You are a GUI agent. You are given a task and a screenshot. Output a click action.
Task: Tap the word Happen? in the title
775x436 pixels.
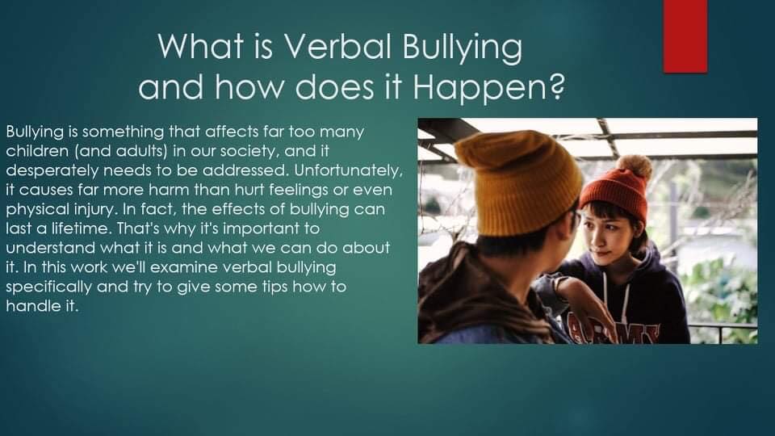(488, 87)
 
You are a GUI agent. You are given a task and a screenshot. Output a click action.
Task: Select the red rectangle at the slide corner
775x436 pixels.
(685, 36)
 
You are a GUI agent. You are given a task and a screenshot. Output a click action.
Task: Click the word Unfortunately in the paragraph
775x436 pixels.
(347, 170)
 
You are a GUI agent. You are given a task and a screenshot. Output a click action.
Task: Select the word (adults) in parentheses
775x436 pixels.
(139, 151)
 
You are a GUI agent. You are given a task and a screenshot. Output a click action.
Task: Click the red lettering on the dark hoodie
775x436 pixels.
(613, 329)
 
